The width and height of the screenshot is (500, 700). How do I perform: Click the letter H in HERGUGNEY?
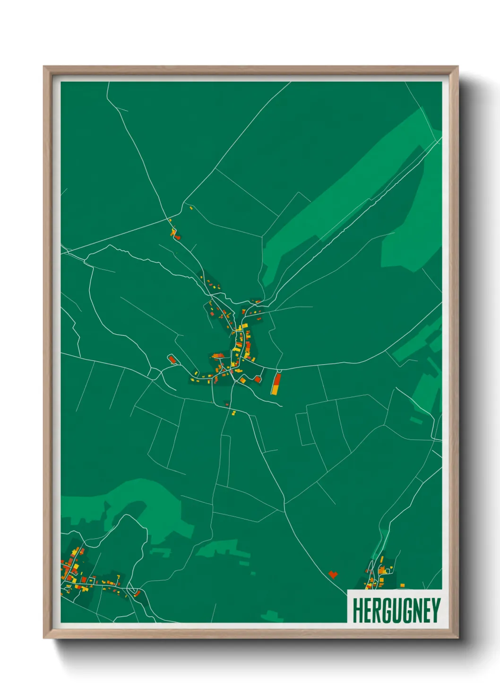pos(357,611)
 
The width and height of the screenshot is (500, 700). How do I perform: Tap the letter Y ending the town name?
pos(435,611)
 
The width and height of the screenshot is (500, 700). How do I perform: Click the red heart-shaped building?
pos(333,575)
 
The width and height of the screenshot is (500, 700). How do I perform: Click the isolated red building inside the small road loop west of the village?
pos(172,360)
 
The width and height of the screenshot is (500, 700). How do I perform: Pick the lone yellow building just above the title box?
pos(402,586)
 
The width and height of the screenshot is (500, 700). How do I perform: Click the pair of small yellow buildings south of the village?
pos(233,413)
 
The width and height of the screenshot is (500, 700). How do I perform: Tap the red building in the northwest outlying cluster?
pos(176,236)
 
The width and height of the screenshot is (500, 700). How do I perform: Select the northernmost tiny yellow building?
pos(191,207)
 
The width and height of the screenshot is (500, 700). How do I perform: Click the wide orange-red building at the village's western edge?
pos(218,356)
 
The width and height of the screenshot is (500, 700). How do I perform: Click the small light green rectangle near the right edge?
pos(416,420)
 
